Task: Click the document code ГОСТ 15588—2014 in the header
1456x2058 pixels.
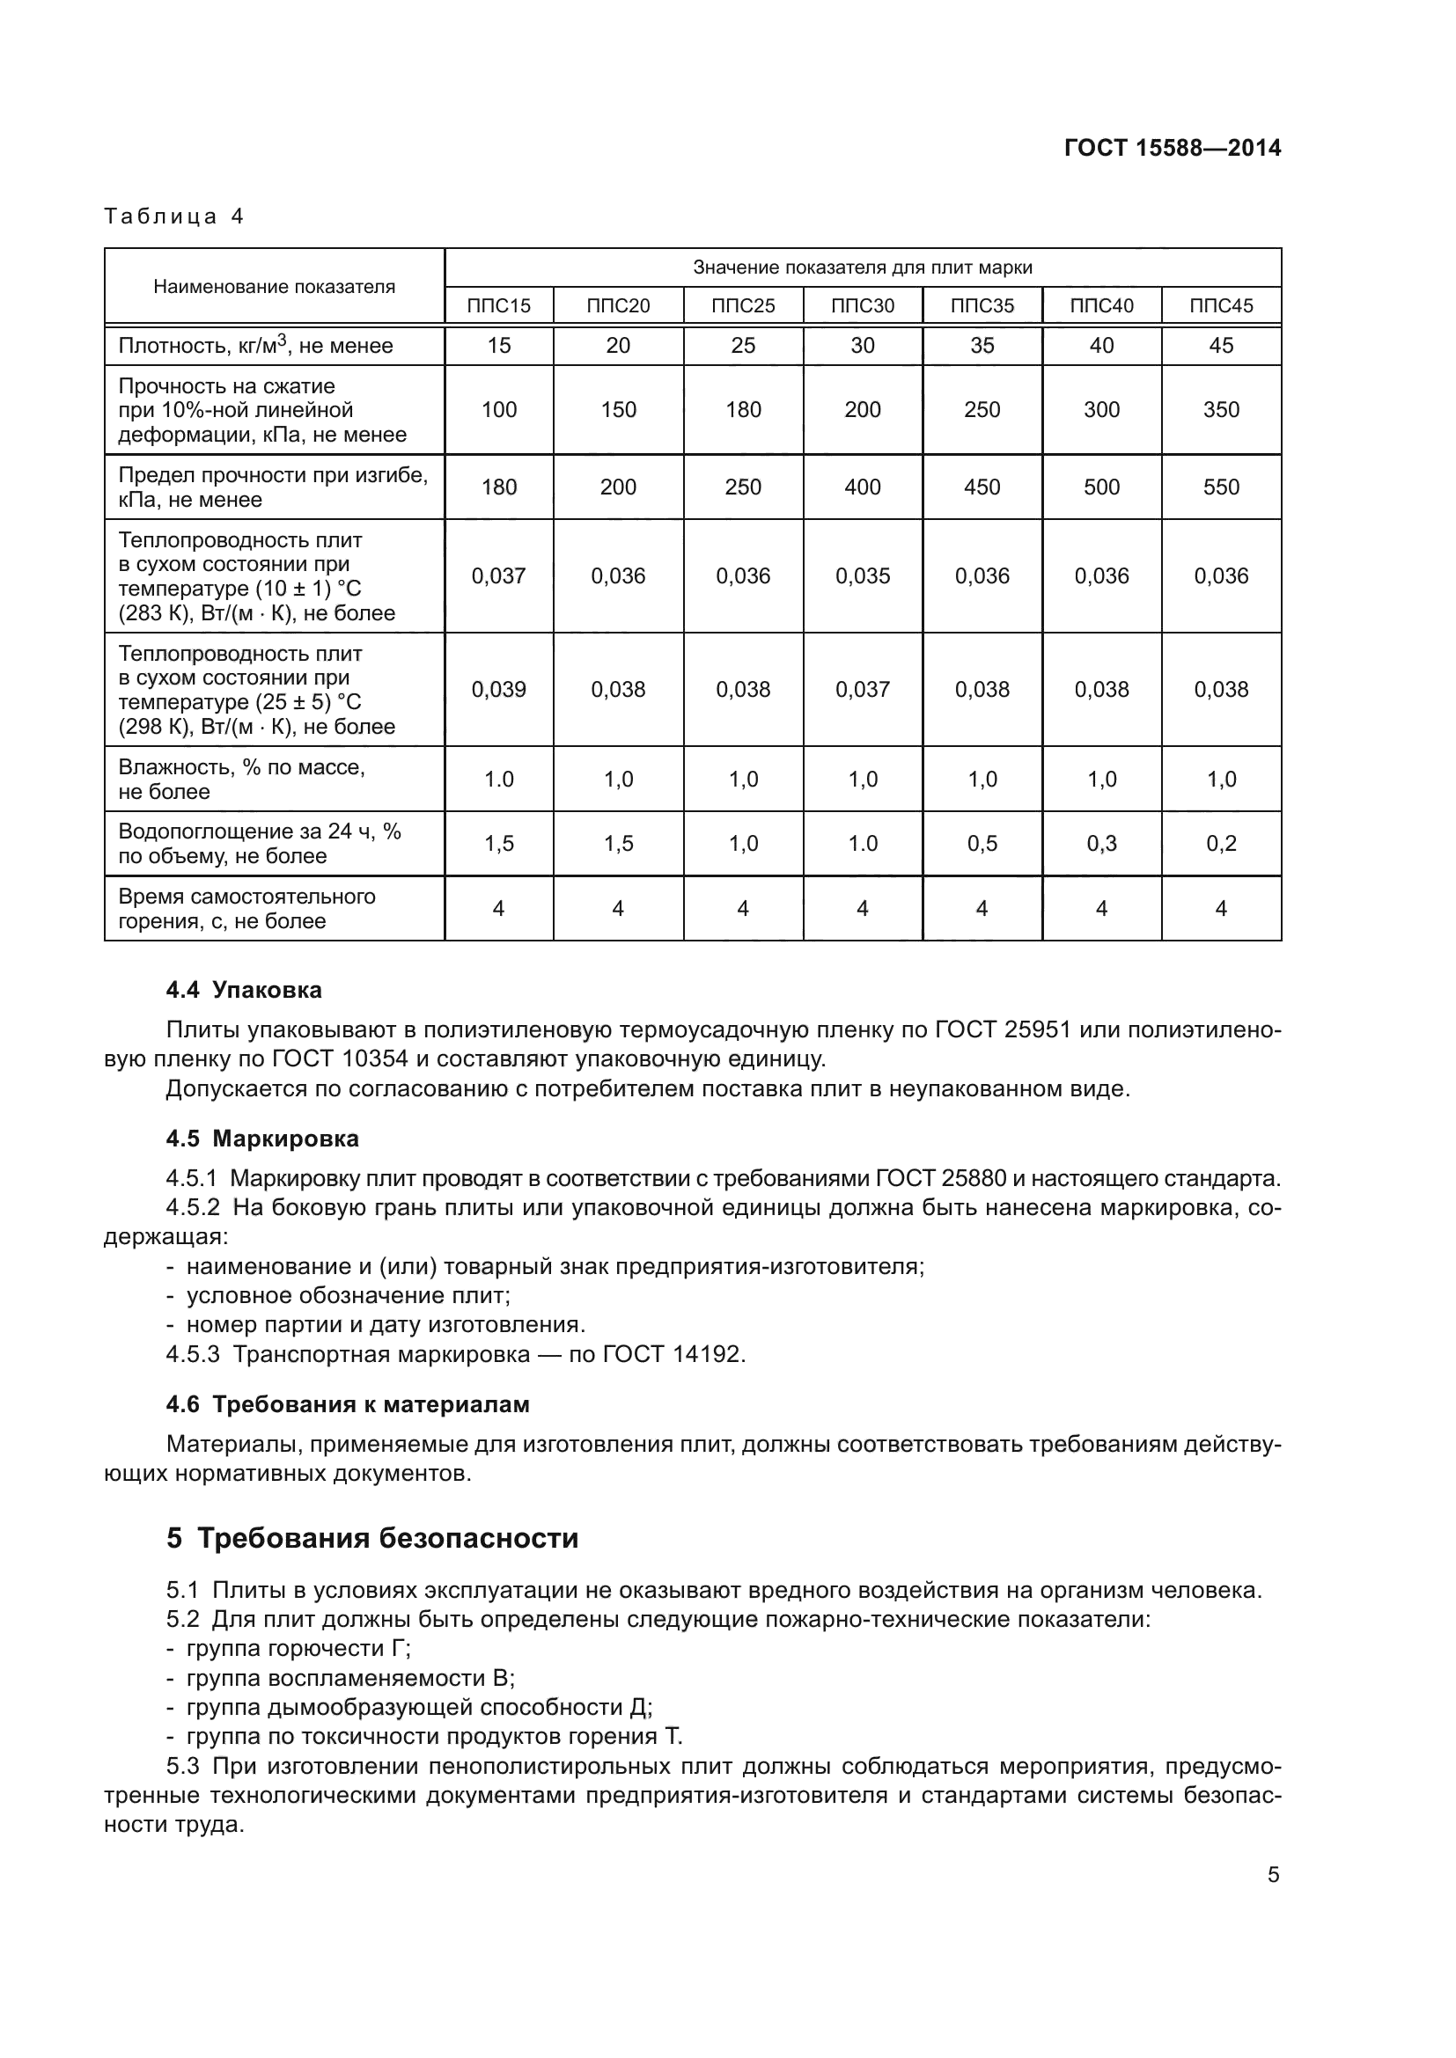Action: [1172, 148]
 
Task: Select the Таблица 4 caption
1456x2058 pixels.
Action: [174, 216]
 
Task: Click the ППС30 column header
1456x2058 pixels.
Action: [863, 305]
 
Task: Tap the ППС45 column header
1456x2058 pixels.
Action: [1221, 305]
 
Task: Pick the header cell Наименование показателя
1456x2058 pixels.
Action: [275, 287]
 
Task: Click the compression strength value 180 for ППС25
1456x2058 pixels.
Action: [743, 410]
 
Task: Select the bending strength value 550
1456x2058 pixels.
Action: [1221, 487]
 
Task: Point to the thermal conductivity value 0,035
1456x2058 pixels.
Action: [863, 575]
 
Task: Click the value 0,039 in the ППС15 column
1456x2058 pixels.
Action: [498, 689]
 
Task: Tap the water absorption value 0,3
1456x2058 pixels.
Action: [1102, 844]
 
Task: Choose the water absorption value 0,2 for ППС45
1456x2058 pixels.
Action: [1221, 844]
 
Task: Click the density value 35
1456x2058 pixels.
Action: [982, 345]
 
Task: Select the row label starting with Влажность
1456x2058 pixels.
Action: [242, 779]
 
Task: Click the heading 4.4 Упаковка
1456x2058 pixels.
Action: [244, 990]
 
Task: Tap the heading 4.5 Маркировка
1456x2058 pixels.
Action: [261, 1139]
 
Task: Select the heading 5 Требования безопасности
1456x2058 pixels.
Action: [372, 1538]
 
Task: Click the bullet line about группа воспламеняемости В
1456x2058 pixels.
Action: [349, 1678]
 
